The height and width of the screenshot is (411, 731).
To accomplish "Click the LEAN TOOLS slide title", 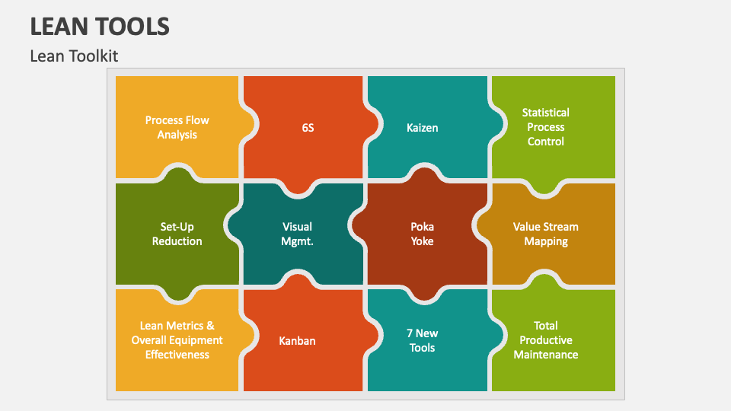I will pyautogui.click(x=100, y=27).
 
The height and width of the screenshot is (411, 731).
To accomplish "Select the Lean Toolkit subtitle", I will pyautogui.click(x=74, y=56).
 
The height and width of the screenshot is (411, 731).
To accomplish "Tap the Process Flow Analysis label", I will pyautogui.click(x=177, y=127).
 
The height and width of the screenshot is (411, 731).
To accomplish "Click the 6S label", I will pyautogui.click(x=308, y=128).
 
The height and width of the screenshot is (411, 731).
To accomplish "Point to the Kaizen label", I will pyautogui.click(x=423, y=128).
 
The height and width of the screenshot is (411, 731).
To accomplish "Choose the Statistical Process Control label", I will pyautogui.click(x=546, y=127).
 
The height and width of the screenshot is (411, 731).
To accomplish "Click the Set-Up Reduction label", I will pyautogui.click(x=177, y=234).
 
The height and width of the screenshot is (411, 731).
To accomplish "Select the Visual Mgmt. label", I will pyautogui.click(x=298, y=234).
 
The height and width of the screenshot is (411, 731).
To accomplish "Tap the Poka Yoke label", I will pyautogui.click(x=423, y=234).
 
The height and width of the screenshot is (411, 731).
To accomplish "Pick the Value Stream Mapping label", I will pyautogui.click(x=546, y=234).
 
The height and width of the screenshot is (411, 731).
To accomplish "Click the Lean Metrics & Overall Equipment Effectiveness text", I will pyautogui.click(x=177, y=340).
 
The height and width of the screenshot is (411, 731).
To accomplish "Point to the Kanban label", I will pyautogui.click(x=297, y=341).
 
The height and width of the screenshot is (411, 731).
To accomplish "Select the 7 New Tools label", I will pyautogui.click(x=423, y=340).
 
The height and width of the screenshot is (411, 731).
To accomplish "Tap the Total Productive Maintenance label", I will pyautogui.click(x=546, y=340).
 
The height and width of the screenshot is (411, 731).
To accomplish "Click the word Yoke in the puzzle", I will pyautogui.click(x=423, y=241).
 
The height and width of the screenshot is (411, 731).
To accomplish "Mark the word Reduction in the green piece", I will pyautogui.click(x=177, y=241).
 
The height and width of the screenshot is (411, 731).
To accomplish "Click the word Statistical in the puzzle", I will pyautogui.click(x=546, y=113).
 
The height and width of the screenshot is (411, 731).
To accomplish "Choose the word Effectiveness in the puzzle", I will pyautogui.click(x=177, y=355).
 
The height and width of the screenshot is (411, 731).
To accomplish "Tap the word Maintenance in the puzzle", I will pyautogui.click(x=546, y=355).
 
